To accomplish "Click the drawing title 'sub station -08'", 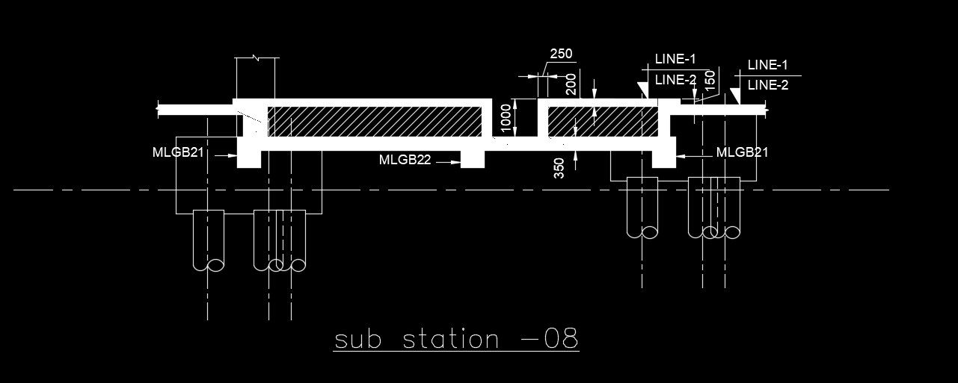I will (456, 340).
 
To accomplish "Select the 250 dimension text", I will (561, 54).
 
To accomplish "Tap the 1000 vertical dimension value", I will (506, 118).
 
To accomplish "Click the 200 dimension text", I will (571, 84).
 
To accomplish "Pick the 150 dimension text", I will (710, 78).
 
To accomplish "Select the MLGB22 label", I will (405, 160).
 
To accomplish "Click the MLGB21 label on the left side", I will (178, 152).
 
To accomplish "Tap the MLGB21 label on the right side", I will (742, 152).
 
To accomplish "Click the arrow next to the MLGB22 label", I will (449, 161).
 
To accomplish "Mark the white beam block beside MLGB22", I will (472, 160).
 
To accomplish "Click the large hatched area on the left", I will (374, 121).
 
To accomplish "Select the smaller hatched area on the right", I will (603, 121).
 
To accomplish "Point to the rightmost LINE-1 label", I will (768, 65).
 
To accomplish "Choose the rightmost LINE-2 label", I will (768, 85).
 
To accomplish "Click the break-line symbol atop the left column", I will (257, 57).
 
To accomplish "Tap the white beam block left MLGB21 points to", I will (248, 158).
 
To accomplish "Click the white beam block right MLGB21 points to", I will (663, 158).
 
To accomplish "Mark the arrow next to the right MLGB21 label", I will (692, 153).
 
